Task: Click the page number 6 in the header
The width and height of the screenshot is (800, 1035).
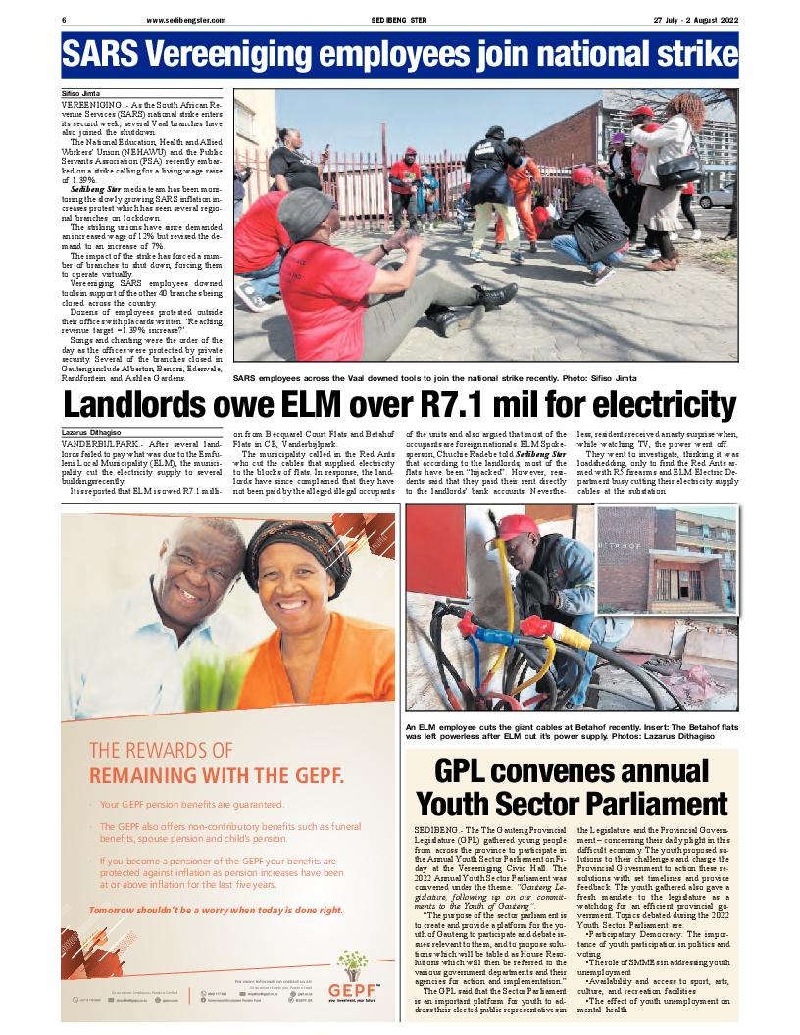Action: tap(64, 20)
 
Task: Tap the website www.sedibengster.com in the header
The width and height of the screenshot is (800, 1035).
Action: tap(186, 20)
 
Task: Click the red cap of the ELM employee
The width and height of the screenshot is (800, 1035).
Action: tap(516, 529)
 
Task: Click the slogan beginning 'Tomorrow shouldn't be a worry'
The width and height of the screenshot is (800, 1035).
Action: tap(216, 910)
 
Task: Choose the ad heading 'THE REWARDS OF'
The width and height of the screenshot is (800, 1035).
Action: tap(162, 751)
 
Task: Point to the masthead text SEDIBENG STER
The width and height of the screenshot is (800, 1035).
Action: tap(398, 20)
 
